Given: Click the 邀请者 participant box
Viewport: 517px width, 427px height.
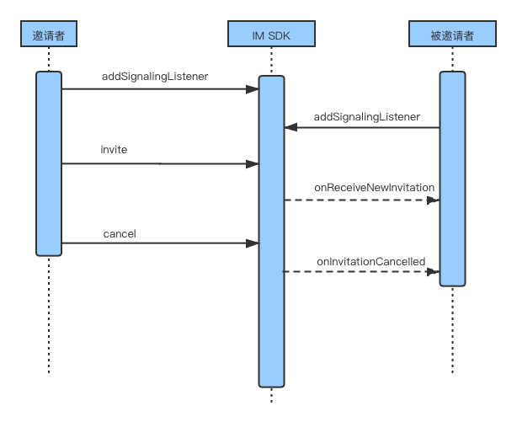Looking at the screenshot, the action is point(49,34).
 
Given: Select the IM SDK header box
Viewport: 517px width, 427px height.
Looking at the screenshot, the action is point(271,34).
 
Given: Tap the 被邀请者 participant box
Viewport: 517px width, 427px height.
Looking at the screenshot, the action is point(452,34).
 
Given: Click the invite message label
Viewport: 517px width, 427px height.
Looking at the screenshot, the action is point(114,150).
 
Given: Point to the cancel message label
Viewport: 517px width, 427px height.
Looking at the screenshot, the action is point(120,234).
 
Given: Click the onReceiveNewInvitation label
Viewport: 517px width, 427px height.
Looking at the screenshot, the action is point(374,188).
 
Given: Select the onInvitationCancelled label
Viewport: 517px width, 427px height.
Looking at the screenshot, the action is point(371,262).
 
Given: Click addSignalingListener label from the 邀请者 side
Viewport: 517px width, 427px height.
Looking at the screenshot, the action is point(155,77).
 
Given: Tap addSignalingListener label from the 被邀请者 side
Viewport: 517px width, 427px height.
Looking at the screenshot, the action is point(366,117).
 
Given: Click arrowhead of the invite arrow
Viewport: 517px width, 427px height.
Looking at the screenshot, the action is point(253,164).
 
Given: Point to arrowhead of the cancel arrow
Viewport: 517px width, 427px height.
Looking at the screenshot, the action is point(253,243).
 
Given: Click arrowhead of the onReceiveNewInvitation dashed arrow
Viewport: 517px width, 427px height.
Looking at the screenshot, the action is point(433,200).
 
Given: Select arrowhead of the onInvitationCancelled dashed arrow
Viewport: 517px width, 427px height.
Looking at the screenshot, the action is point(433,272).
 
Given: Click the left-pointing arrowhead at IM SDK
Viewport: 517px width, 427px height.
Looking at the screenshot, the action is point(290,127).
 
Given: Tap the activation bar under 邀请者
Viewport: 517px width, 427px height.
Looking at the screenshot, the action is point(49,163).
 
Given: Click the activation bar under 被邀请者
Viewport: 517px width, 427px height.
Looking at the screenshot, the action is point(452,179).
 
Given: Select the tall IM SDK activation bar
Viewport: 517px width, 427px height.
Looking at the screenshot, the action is point(271,232).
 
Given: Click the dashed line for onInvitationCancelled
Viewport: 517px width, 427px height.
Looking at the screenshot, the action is point(361,272).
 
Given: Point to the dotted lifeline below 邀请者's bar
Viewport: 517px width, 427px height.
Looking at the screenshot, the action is point(49,315).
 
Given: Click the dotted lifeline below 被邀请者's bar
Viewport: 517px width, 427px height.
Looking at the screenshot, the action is point(452,330).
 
